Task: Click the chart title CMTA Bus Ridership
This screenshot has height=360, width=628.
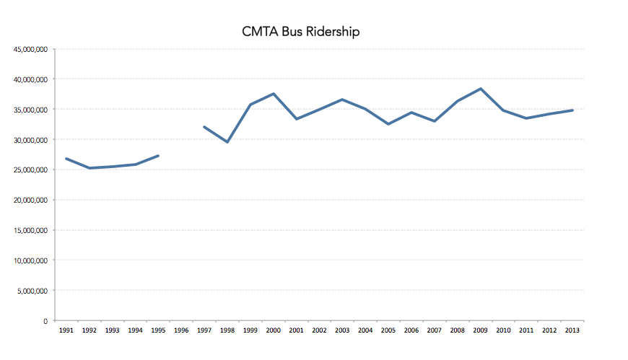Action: click(300, 32)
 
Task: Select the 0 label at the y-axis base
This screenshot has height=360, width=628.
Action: click(45, 321)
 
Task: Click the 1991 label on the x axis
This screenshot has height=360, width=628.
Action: click(66, 330)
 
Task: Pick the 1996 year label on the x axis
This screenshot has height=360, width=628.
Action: click(181, 330)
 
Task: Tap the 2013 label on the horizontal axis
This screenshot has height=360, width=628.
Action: click(572, 330)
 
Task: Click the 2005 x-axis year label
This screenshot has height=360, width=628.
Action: click(388, 330)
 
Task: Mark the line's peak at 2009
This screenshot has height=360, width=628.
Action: click(480, 89)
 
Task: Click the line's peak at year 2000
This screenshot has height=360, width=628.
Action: click(274, 94)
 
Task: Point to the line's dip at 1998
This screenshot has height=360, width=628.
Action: click(227, 142)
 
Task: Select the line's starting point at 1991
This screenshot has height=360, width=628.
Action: click(66, 159)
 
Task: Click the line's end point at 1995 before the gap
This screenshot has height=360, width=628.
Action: click(158, 155)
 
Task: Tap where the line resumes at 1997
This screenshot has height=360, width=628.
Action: click(204, 127)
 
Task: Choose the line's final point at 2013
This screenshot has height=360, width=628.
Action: click(572, 110)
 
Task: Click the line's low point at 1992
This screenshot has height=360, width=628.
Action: click(90, 168)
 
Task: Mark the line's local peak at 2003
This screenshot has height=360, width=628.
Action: click(342, 100)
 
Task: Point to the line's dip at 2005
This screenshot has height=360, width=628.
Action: click(388, 124)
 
